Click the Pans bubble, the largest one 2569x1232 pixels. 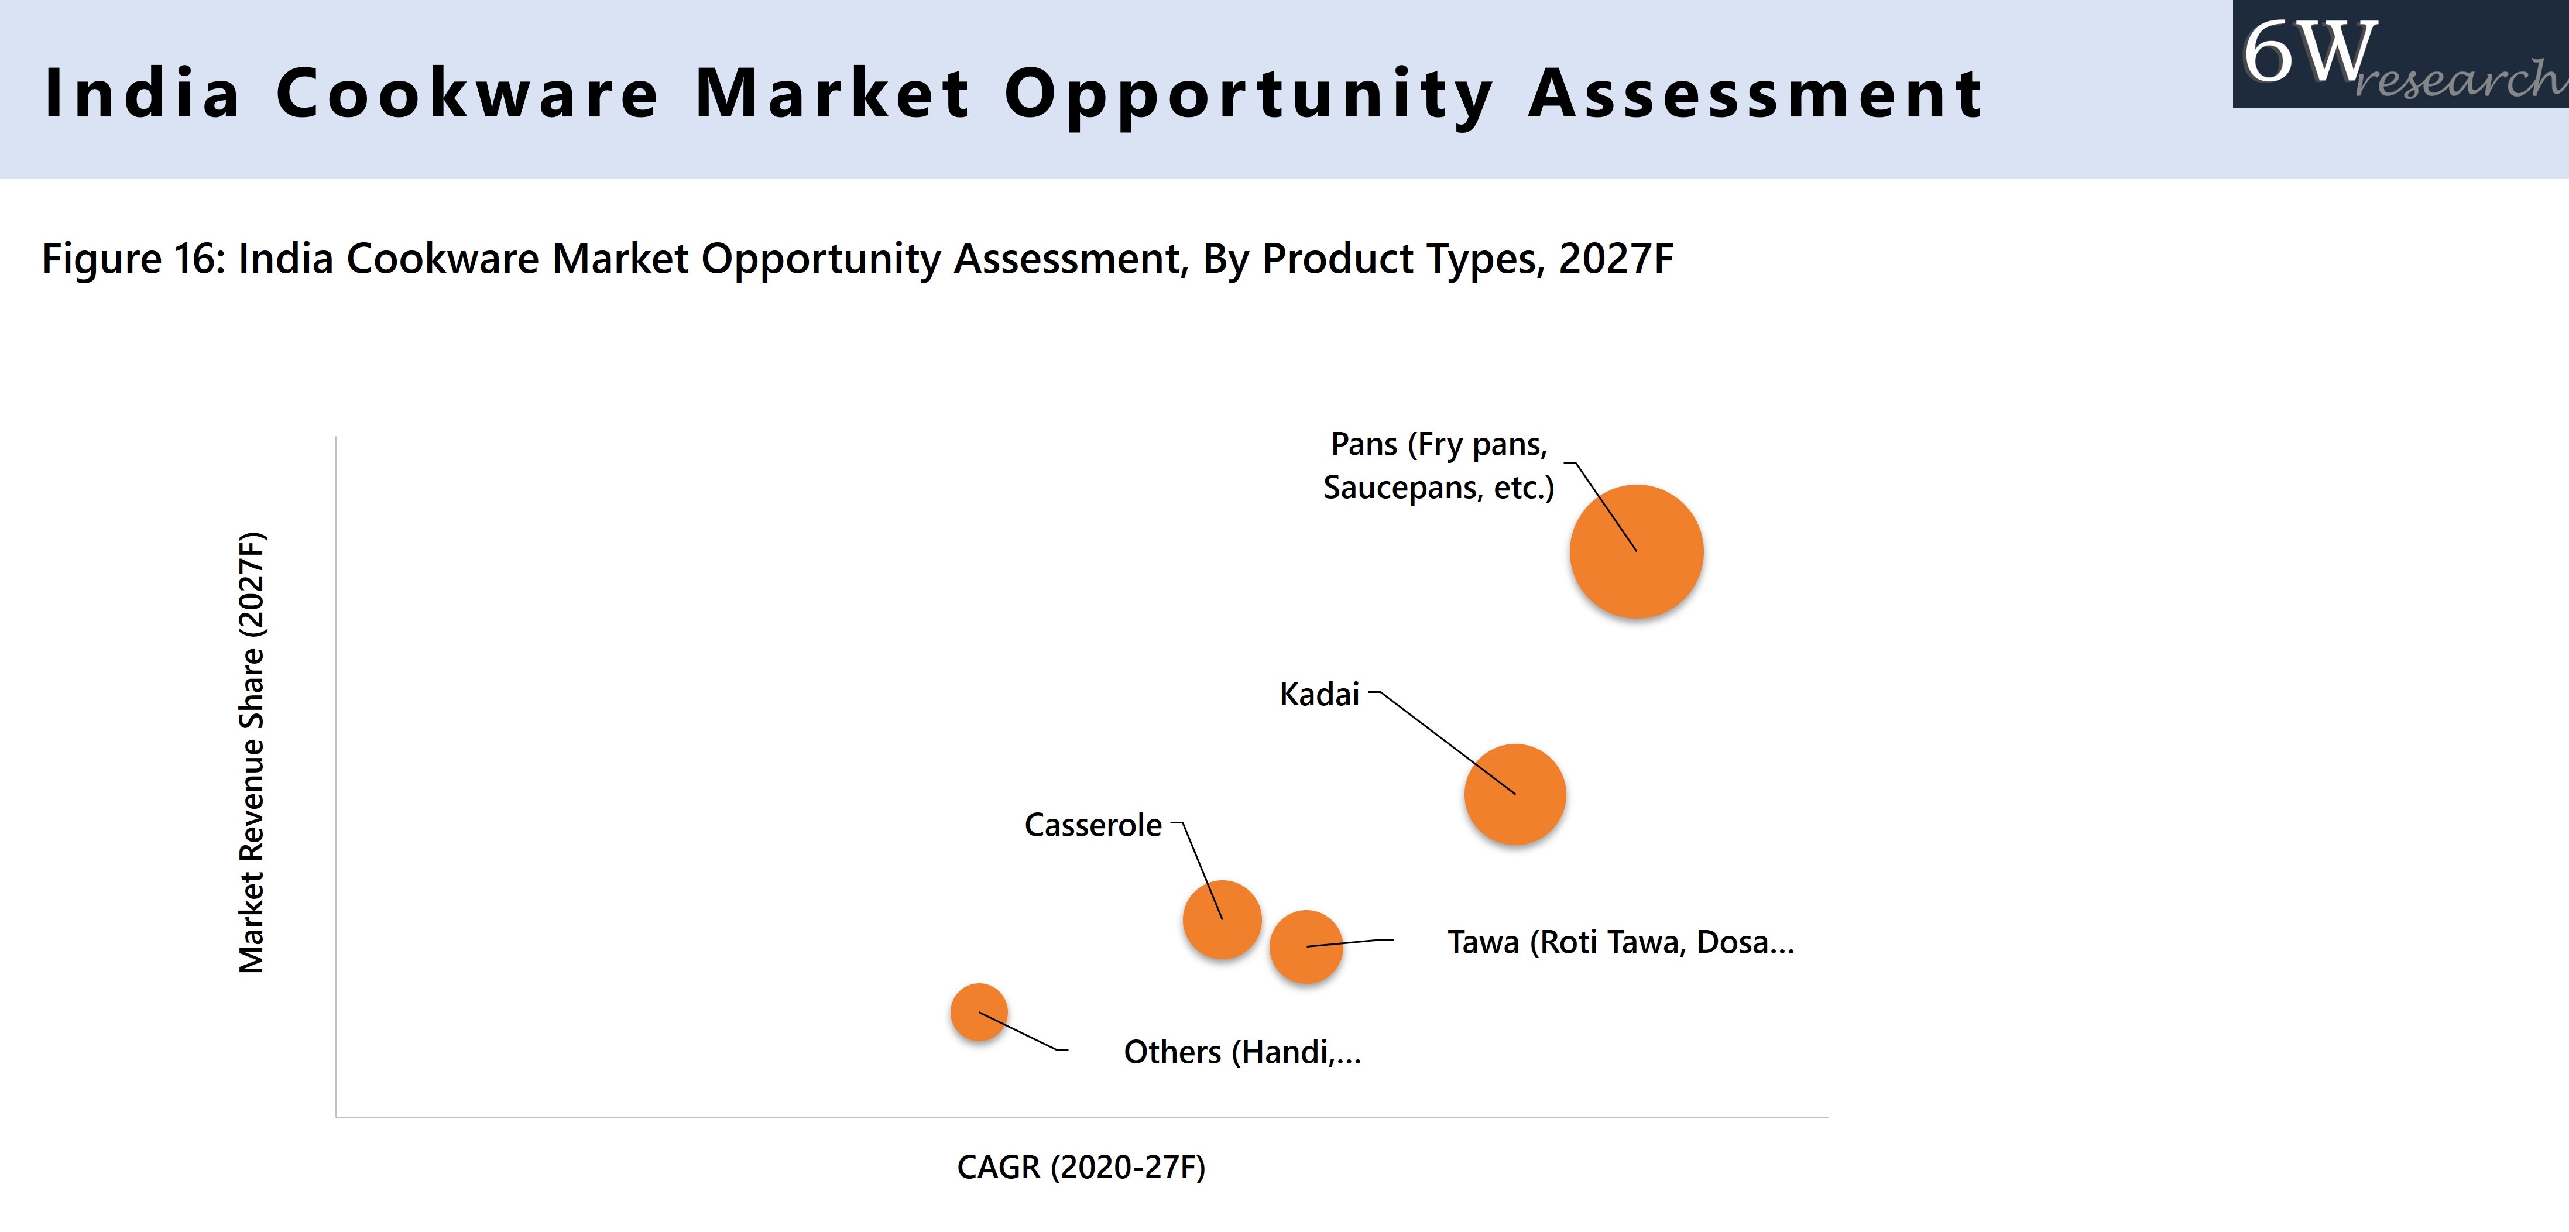click(x=1637, y=552)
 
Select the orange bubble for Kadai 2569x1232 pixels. click(x=1515, y=794)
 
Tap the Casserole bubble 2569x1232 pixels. click(x=1222, y=919)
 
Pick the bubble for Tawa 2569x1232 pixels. click(x=1305, y=947)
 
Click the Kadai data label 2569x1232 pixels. click(x=1318, y=694)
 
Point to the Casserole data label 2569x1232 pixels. click(x=1092, y=825)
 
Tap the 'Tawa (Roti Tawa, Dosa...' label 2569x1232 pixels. click(x=1620, y=942)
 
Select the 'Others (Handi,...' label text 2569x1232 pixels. click(x=1241, y=1051)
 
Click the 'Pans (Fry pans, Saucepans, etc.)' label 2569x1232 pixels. click(x=1438, y=466)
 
